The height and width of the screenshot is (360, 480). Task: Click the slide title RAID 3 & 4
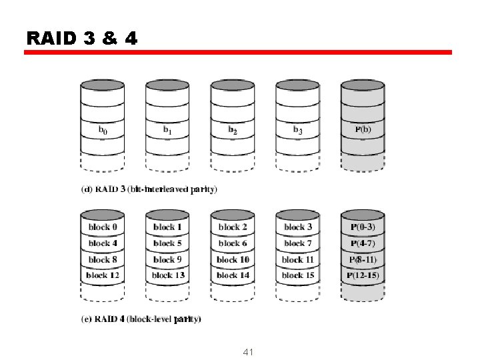82,39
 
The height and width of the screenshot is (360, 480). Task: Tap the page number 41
249,351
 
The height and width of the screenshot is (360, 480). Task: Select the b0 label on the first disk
102,131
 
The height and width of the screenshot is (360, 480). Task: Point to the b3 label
297,130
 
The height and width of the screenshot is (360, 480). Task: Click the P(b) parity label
362,129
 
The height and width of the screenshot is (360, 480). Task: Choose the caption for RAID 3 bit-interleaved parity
149,189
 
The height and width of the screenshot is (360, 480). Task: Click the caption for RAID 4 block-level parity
141,319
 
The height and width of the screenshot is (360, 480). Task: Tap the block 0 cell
103,227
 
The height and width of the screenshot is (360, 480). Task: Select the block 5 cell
167,243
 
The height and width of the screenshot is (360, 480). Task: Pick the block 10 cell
233,259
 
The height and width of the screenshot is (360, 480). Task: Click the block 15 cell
297,275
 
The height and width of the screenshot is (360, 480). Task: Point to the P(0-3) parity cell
363,227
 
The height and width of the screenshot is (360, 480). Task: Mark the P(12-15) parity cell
363,275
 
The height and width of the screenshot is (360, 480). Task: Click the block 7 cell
297,243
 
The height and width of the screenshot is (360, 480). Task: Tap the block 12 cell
103,275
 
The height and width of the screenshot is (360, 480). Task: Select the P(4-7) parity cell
363,243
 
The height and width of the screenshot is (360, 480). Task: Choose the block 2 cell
233,227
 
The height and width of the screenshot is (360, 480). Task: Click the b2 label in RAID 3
233,130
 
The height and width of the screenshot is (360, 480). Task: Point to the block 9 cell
167,259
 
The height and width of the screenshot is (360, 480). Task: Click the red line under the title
238,52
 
